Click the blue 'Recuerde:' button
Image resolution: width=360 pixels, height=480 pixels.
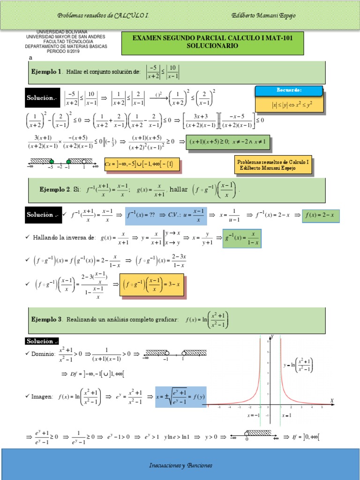coord(289,90)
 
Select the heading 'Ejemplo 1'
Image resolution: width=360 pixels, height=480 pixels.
coord(46,72)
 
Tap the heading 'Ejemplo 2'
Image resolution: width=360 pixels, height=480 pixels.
coord(55,189)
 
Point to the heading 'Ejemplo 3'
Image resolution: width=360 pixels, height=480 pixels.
coord(46,319)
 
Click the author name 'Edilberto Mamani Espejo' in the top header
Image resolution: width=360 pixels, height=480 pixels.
coord(263,15)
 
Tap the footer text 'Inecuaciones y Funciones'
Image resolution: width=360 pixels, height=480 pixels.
coord(180,465)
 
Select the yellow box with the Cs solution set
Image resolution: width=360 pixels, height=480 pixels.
coord(141,165)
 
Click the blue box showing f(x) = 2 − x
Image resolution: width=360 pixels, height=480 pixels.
coord(321,215)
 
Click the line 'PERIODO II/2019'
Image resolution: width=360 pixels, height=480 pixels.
coord(66,52)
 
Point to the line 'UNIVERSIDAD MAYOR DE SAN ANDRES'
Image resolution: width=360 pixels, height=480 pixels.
coord(66,37)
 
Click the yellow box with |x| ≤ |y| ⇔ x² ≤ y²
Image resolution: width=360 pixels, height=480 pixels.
coord(290,105)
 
